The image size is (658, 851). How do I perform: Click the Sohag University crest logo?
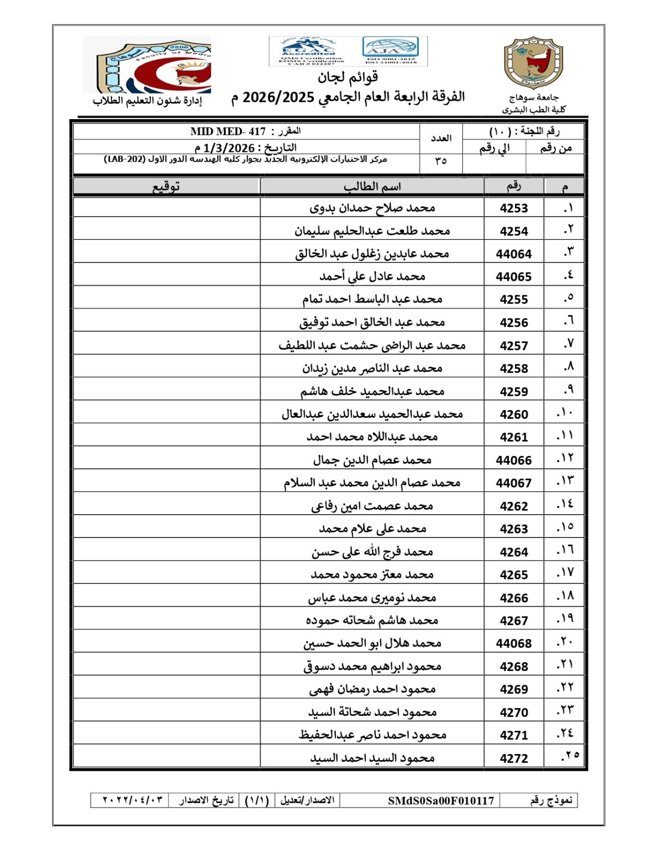(533, 63)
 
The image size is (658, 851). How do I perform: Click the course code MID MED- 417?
(228, 132)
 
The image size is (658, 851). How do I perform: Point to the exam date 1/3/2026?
(229, 148)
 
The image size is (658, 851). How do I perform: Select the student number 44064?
(513, 254)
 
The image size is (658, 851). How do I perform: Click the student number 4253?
(513, 208)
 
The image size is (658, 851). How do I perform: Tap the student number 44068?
(513, 643)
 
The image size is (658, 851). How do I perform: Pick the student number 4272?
(513, 758)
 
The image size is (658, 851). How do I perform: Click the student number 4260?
(513, 414)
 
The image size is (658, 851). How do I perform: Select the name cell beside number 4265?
(371, 575)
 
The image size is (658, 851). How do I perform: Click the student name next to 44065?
(371, 276)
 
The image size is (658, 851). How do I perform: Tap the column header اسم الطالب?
(371, 187)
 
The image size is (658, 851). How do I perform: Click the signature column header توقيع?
(166, 187)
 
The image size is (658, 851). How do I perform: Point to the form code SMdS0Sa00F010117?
(441, 801)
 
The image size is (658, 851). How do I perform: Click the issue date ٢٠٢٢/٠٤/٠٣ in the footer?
(133, 801)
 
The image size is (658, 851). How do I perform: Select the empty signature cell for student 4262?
(166, 506)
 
